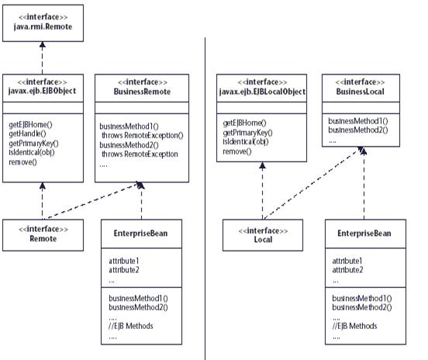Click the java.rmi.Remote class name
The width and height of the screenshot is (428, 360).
click(43, 27)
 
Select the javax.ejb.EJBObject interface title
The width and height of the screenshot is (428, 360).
click(43, 91)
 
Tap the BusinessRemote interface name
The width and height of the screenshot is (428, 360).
click(142, 92)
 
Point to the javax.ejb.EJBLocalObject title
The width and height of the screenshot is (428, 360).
click(262, 92)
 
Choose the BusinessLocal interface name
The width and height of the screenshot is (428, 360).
click(361, 92)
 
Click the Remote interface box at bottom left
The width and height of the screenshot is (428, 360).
click(43, 235)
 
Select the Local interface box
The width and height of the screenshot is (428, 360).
click(263, 235)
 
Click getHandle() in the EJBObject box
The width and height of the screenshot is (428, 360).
click(28, 133)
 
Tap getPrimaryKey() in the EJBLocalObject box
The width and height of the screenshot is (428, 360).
click(247, 133)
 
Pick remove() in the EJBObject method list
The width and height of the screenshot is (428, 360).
click(22, 162)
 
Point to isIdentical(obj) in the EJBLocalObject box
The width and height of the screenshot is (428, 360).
click(246, 142)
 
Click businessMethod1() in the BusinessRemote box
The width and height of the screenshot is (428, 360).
click(129, 126)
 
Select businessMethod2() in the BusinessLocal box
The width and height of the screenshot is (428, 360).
click(358, 130)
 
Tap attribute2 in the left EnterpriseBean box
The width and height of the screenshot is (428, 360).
click(124, 270)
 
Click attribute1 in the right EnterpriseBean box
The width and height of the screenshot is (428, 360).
click(347, 261)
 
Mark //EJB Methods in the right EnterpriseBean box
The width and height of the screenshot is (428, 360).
click(354, 326)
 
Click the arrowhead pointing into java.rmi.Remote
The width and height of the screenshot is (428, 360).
click(43, 45)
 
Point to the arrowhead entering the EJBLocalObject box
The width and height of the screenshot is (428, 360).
click(262, 165)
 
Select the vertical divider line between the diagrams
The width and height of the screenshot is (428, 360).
click(205, 199)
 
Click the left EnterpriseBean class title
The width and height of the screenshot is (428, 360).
click(140, 234)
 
